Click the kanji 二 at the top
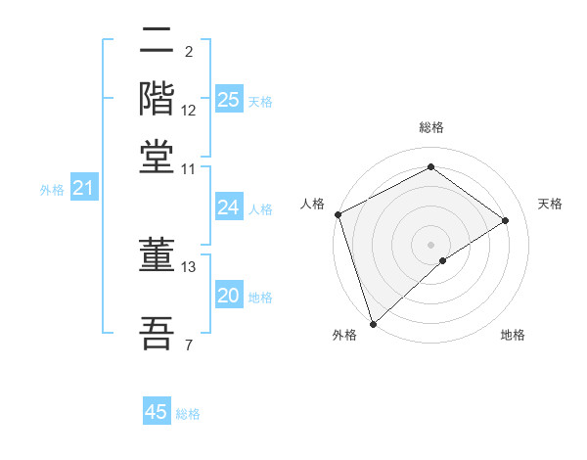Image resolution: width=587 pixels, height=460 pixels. point(158,42)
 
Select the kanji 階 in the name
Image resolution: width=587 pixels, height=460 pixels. point(158,99)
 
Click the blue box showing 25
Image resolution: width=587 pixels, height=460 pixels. point(229,100)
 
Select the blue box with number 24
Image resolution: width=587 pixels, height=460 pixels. point(229,207)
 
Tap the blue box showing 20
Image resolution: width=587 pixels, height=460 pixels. point(229,297)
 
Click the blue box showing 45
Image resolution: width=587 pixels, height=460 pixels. point(157,412)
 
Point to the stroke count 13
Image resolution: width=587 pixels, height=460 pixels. point(189,266)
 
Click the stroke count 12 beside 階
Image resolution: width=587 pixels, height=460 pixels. point(189,110)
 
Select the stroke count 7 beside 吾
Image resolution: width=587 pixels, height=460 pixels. point(188,344)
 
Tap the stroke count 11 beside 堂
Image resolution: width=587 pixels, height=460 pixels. point(189,168)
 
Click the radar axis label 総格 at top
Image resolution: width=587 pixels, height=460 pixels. point(431,127)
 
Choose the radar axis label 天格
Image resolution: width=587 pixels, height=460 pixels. point(551,204)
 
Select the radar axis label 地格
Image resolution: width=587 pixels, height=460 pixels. point(513,335)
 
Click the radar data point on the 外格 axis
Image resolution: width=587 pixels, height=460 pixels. point(373,323)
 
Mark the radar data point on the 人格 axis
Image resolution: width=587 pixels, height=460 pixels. point(338,214)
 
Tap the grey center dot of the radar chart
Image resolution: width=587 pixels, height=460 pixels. point(431,245)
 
